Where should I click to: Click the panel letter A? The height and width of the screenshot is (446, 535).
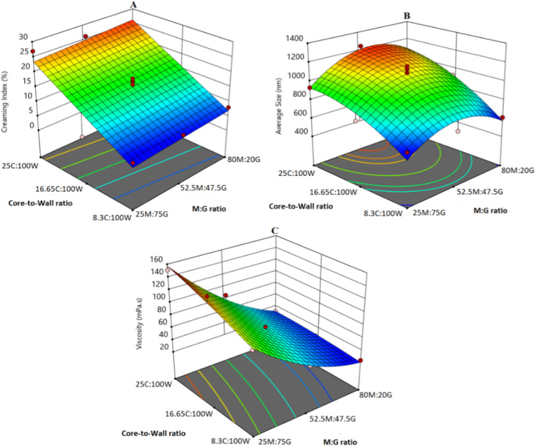point(134,5)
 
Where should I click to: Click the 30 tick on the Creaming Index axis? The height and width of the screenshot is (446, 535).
point(24,37)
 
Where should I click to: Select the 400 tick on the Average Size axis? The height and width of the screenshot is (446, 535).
point(298,132)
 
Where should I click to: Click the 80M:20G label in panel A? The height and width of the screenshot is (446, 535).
point(245,158)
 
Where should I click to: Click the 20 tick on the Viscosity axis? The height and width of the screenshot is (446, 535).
point(157,347)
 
